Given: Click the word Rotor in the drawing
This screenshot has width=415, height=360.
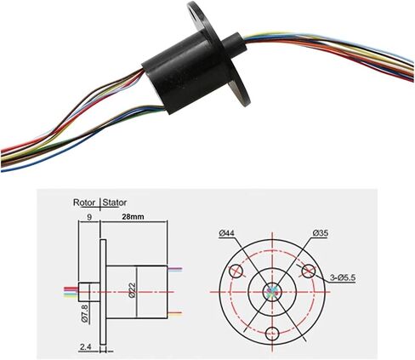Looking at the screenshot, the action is pos(84,203).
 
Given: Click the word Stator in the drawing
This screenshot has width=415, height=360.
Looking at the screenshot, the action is pos(115,203).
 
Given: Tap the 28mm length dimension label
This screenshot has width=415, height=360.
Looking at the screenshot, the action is pos(133,217).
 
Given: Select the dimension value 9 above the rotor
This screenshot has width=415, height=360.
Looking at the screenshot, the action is pos(89,217).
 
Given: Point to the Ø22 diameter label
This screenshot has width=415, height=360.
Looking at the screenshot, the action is pos(133,290).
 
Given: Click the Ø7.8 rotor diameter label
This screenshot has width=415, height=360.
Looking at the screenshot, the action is pos(85,313).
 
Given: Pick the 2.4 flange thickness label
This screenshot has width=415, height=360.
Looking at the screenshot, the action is pos(85,346).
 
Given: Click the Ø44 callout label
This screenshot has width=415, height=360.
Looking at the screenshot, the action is pos(226,233).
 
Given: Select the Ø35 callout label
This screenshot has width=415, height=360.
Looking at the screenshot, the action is pos(321,233).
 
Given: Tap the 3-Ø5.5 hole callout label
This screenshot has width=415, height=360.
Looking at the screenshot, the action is pos(343,277).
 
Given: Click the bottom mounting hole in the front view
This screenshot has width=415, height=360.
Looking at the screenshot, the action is pos(272,334).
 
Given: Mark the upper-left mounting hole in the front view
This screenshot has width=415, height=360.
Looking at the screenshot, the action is pos(236,271).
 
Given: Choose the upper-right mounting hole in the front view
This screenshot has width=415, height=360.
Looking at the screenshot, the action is pos(309,271).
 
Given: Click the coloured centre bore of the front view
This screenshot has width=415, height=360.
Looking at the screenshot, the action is pos(272,292).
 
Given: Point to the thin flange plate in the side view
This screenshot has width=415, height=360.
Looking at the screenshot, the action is pos(103,292).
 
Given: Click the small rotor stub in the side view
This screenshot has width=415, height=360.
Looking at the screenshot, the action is pos(89,292).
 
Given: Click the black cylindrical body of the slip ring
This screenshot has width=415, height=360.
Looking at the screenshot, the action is pos(185,72).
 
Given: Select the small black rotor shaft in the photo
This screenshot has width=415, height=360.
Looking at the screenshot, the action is pos(234,44).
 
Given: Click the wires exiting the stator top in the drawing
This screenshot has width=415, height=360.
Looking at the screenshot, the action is pos(175,269).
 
